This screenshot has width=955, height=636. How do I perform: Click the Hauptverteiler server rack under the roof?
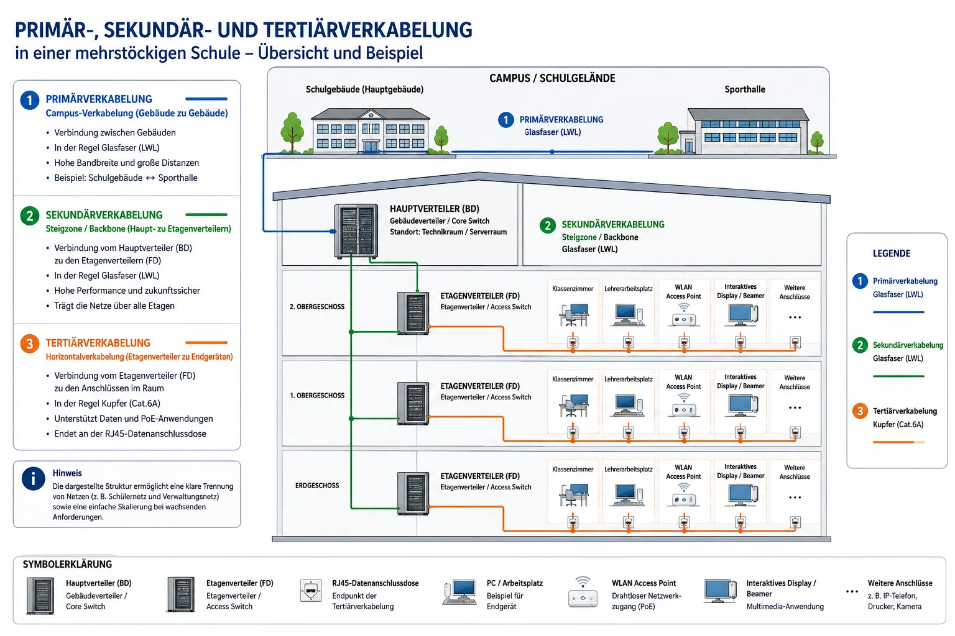(x=356, y=231)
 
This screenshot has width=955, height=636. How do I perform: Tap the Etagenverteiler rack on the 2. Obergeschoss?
(x=413, y=313)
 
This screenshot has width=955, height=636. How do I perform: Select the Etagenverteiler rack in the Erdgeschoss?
(x=413, y=493)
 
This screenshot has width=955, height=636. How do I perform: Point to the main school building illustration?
(x=371, y=130)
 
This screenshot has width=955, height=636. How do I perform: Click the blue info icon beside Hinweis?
(x=33, y=478)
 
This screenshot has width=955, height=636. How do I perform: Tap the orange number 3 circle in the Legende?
(x=860, y=411)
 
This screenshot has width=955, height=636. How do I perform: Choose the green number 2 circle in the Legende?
(x=860, y=345)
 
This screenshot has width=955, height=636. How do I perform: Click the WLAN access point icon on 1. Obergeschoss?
(x=684, y=405)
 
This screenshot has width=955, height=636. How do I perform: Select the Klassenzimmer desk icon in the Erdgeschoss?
(x=574, y=495)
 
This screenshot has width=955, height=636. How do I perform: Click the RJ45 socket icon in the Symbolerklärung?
(x=310, y=591)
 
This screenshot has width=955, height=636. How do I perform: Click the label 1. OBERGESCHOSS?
(x=317, y=396)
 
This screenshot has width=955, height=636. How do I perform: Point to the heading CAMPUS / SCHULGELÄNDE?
(x=552, y=78)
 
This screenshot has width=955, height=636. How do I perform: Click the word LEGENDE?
(x=892, y=253)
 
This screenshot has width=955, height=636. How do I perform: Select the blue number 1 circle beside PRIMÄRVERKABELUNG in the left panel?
(x=30, y=101)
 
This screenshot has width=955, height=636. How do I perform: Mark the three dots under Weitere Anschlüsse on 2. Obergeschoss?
(x=795, y=317)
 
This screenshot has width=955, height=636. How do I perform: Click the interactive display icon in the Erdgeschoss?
(x=742, y=496)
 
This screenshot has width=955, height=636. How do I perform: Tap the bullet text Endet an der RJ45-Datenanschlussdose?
(x=130, y=434)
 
